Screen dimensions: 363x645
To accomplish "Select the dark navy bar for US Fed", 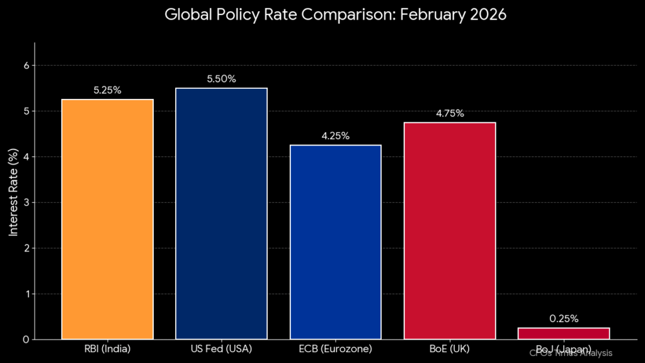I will coord(221,214).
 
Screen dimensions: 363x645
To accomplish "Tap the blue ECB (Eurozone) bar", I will coord(335,242).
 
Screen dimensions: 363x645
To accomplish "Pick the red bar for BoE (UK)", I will coord(449,231).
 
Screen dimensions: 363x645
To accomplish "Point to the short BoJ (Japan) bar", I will coord(563,333).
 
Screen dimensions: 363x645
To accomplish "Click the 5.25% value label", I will coord(107,90).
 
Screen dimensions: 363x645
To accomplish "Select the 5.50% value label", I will coord(221,79).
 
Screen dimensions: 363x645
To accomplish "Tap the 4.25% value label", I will coord(335,135).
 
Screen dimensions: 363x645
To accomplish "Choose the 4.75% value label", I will coord(449,113).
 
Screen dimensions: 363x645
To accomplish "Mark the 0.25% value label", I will coord(563,319).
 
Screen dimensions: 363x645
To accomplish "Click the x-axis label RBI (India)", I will coord(107,349).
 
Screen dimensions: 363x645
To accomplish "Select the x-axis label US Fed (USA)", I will coord(221,349).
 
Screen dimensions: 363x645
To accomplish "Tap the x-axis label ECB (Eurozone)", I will coord(335,349).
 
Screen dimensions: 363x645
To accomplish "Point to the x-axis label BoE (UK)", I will coord(449,349).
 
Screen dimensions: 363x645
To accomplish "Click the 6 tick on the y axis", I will coord(26,66).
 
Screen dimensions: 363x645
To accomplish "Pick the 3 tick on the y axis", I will coord(26,202).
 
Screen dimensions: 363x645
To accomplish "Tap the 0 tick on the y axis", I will coord(26,340).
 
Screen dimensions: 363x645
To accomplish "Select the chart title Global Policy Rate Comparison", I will coord(335,14).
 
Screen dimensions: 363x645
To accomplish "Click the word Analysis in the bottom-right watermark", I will coord(595,354).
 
